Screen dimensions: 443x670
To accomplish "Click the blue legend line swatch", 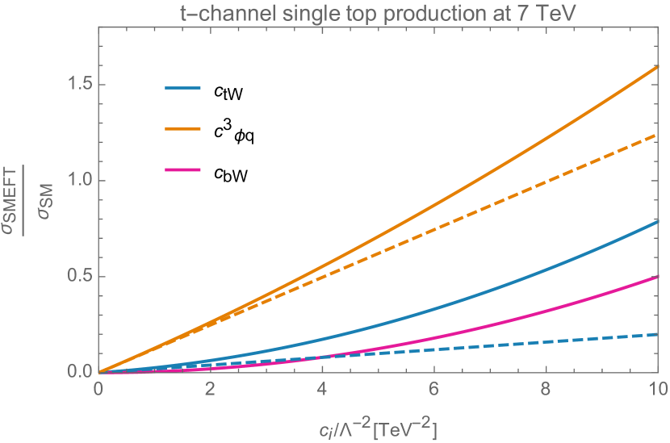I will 182,87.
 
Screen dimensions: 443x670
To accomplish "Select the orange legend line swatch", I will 182,128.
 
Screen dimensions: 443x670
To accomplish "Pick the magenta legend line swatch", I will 182,169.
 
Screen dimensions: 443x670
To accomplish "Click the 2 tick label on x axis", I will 210,389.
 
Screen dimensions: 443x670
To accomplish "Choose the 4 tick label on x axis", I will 322,389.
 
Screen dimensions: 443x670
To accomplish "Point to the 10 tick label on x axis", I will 658,389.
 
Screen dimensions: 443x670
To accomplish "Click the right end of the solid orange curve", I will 659,67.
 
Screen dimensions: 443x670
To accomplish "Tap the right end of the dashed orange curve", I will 659,136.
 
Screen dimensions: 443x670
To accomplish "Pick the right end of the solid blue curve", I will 659,221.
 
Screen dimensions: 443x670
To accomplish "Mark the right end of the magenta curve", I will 659,277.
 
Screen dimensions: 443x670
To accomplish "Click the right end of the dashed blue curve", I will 659,334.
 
